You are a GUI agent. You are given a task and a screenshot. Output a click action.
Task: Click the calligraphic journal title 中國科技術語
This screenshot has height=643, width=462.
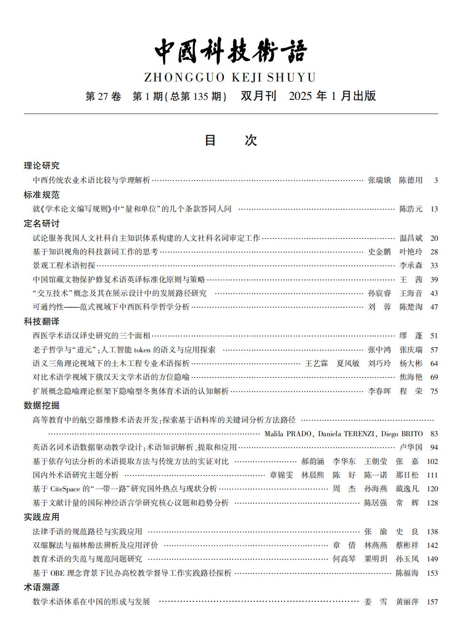(x=231, y=51)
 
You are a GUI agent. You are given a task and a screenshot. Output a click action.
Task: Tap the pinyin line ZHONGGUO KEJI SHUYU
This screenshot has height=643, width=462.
(x=230, y=77)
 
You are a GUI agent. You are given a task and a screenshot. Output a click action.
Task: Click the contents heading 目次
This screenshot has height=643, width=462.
(x=231, y=140)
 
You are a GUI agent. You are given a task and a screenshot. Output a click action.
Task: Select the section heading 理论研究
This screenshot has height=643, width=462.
(x=42, y=165)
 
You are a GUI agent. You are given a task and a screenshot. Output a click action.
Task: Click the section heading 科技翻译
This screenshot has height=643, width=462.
(x=42, y=321)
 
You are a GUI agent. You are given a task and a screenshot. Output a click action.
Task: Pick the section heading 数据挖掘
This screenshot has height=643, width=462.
(x=42, y=405)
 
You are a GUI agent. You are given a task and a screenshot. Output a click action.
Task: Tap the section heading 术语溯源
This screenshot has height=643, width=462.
(x=42, y=587)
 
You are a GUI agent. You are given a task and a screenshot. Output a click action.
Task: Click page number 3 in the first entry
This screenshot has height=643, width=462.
(x=436, y=180)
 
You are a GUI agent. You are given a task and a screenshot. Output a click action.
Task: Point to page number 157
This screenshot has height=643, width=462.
(x=432, y=602)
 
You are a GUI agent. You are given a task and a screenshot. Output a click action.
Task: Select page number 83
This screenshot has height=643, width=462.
(x=434, y=434)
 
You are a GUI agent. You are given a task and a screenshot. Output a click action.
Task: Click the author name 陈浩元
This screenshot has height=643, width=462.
(x=411, y=209)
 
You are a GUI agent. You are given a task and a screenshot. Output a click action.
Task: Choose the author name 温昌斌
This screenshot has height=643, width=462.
(x=411, y=238)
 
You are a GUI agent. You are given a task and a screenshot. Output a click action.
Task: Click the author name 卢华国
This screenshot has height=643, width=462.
(x=411, y=448)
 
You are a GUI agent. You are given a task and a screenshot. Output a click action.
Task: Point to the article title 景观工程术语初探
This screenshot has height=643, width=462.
(x=64, y=266)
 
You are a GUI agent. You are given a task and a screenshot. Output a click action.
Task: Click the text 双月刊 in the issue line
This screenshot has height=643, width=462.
(x=258, y=96)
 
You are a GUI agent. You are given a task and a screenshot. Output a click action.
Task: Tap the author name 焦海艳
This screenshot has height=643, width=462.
(x=411, y=377)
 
